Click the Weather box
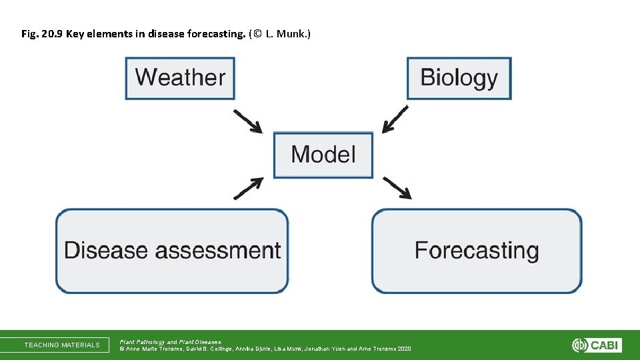click(x=180, y=78)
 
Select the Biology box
click(x=459, y=78)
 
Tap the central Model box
click(x=323, y=155)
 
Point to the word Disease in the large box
click(x=105, y=251)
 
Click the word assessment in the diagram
click(x=217, y=251)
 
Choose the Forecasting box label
click(x=476, y=251)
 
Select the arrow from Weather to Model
click(x=247, y=121)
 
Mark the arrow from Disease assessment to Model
click(x=247, y=189)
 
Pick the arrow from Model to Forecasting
click(x=397, y=188)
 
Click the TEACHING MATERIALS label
click(x=62, y=345)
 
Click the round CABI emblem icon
click(x=579, y=345)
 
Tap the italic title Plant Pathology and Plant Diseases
click(x=170, y=341)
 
